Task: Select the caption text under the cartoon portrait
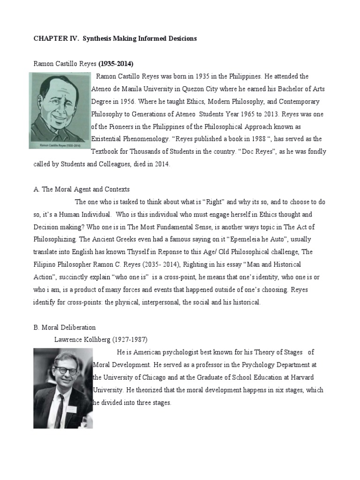pyautogui.click(x=60, y=145)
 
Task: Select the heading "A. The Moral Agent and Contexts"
pyautogui.click(x=81, y=189)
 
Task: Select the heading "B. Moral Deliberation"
pyautogui.click(x=64, y=327)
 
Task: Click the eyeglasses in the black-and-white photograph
pyautogui.click(x=66, y=370)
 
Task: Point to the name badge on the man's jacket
pyautogui.click(x=71, y=409)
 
